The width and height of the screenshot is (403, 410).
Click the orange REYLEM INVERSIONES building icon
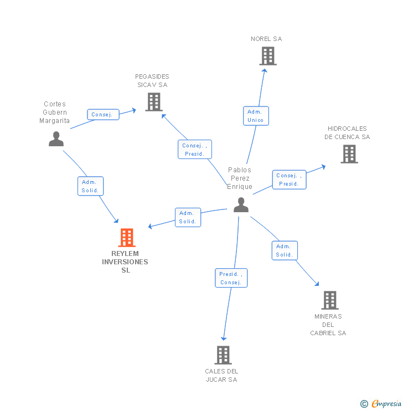click(127, 238)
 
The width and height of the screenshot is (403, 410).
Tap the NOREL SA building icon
click(268, 56)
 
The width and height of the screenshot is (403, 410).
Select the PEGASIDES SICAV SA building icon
click(154, 102)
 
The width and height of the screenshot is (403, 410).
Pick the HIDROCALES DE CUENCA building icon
click(349, 154)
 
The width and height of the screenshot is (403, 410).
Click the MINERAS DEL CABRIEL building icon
click(330, 300)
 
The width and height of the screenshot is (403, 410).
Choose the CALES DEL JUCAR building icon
click(223, 355)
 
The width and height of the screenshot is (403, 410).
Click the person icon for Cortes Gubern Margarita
click(56, 139)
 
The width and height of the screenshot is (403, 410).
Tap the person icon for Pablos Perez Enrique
click(241, 205)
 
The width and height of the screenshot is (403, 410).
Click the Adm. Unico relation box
click(256, 116)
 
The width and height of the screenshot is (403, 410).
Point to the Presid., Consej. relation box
click(231, 278)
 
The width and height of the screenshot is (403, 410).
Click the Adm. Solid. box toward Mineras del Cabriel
click(285, 250)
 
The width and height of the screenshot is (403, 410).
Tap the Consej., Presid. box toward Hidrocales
click(289, 180)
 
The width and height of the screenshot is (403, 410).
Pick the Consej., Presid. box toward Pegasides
click(195, 150)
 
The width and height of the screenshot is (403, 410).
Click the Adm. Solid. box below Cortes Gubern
click(90, 186)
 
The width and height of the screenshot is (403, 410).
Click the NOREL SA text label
click(266, 39)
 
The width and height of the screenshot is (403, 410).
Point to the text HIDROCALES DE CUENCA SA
click(347, 133)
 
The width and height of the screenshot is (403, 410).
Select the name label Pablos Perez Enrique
click(240, 178)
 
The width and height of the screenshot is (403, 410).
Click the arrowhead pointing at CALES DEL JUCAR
click(224, 338)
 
